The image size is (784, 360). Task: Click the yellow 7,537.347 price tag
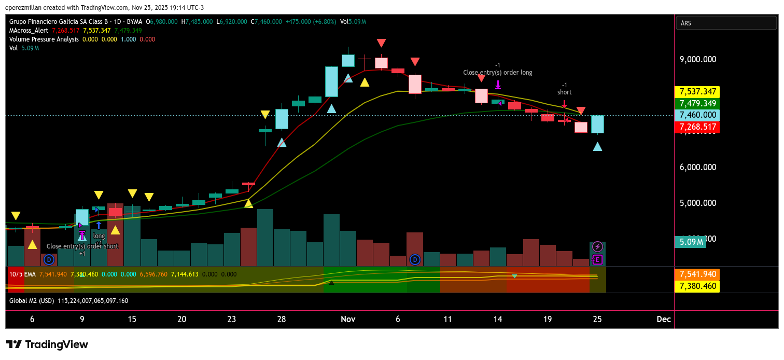click(x=696, y=92)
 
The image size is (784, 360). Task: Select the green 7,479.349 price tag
click(x=696, y=103)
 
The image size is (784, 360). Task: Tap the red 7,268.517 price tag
click(x=696, y=127)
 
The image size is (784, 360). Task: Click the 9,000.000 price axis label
click(x=697, y=59)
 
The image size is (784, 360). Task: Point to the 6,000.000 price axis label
click(x=697, y=167)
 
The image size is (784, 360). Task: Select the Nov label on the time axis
click(x=347, y=320)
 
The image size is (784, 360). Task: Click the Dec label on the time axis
click(x=663, y=320)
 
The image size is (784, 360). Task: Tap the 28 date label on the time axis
click(x=282, y=320)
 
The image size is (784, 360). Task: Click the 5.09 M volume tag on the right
click(x=692, y=242)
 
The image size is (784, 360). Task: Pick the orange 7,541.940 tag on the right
click(x=696, y=274)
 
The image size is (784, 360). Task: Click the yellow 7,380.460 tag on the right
click(x=696, y=286)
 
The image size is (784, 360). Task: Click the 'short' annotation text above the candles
click(x=565, y=92)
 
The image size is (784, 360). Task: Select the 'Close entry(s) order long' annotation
click(x=498, y=73)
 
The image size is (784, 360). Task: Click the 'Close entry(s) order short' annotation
click(x=82, y=246)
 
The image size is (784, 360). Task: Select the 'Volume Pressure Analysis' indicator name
click(x=44, y=39)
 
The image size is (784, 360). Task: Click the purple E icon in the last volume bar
click(x=597, y=259)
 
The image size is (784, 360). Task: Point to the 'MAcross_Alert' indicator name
click(x=29, y=31)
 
